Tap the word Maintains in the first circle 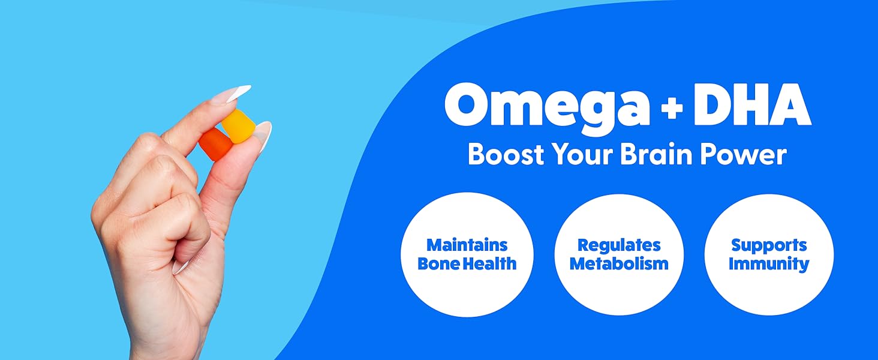point(467,245)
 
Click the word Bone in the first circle point(438,263)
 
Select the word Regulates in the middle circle point(619,245)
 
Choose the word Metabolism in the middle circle point(619,263)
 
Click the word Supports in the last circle point(769,245)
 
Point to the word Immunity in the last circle point(769,263)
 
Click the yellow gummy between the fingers point(236,125)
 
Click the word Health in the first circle point(494,263)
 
